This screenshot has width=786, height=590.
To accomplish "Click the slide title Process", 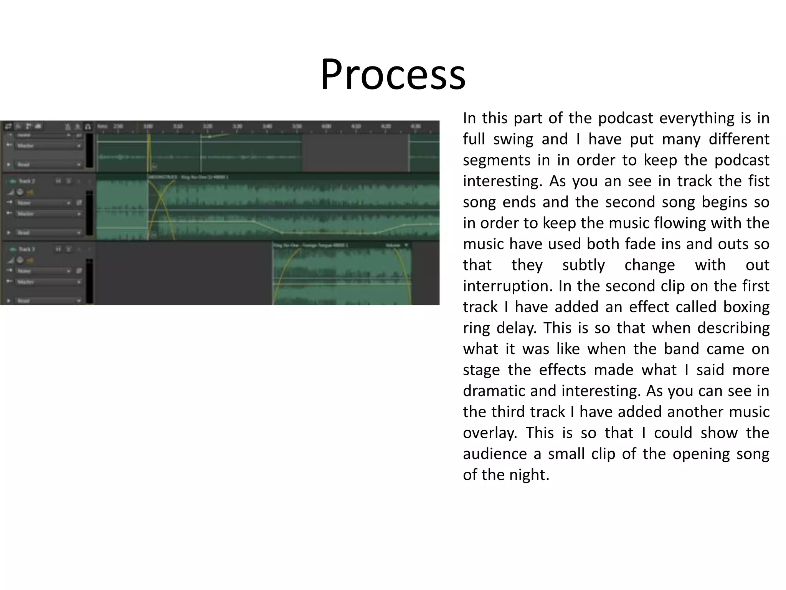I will pos(393,74).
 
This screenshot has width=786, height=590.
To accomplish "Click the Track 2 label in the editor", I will pos(27,181).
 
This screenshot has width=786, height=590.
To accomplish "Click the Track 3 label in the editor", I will pos(27,249).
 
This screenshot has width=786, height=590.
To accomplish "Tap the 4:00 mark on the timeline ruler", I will pos(326,126).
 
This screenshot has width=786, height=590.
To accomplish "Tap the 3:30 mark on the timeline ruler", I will pos(237,126).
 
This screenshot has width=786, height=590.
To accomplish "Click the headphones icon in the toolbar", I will pos(88,126).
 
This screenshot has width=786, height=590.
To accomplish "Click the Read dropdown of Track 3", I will pos(48,301).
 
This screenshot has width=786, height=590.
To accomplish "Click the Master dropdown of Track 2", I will pos(48,214).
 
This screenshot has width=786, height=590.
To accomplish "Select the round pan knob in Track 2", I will pos(20,192).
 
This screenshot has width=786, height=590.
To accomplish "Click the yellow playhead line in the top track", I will pos(149,154).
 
